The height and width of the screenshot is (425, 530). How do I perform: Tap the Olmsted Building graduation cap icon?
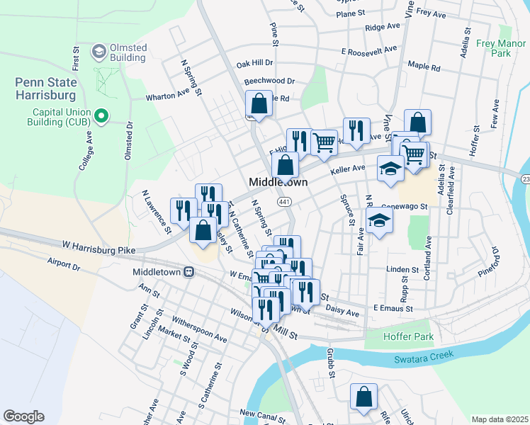tap(98, 52)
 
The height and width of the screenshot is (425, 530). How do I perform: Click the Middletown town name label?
tap(278, 182)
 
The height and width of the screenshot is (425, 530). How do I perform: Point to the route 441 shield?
tap(284, 202)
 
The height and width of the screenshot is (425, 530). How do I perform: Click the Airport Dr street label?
tap(64, 263)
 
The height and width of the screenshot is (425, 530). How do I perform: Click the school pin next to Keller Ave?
tap(390, 168)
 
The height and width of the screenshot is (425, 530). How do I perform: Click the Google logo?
tap(23, 416)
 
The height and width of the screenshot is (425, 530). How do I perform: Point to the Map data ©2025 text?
tap(500, 419)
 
